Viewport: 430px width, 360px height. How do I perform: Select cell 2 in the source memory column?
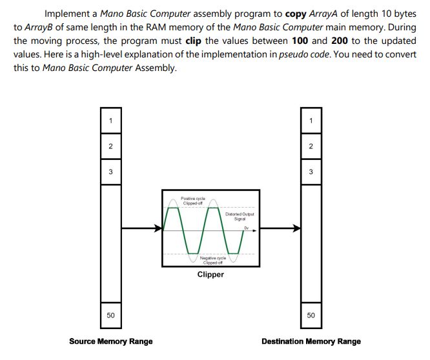(110, 146)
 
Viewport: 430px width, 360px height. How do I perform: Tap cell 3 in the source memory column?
(110, 172)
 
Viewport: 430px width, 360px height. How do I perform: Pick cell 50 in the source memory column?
(110, 315)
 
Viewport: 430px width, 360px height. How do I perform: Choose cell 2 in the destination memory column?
(311, 146)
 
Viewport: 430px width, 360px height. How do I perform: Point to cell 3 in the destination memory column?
(311, 172)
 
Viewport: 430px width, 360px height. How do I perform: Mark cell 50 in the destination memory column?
(311, 315)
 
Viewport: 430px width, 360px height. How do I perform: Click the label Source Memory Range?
(111, 341)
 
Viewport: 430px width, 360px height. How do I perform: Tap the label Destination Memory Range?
(311, 341)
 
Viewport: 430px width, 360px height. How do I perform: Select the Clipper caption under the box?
(210, 275)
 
